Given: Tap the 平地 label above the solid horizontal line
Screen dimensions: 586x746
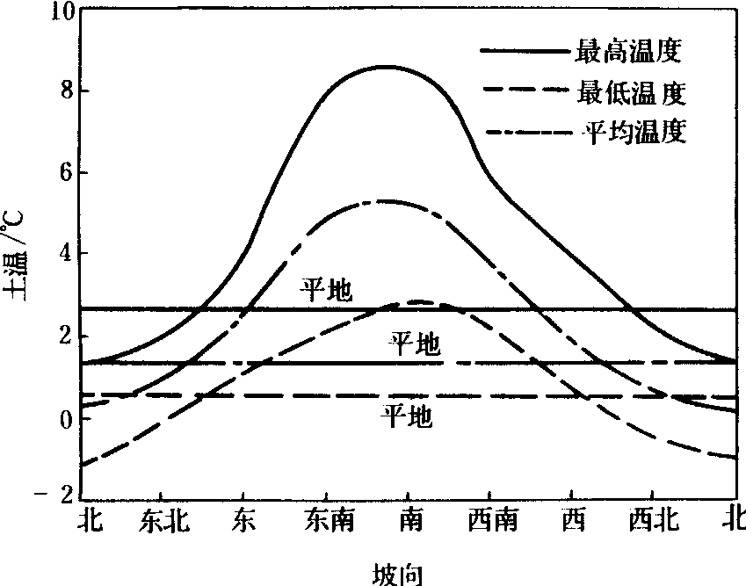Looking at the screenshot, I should point(327,292).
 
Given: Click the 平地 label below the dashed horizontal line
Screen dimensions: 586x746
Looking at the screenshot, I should point(406,416).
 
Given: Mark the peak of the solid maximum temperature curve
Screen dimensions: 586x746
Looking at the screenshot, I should point(383,67).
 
